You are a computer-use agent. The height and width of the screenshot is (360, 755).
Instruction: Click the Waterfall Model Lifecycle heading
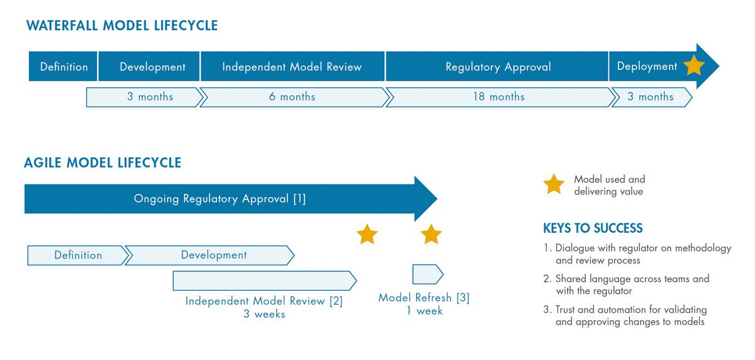coord(122,26)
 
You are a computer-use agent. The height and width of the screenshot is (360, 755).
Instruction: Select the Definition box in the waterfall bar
coord(64,67)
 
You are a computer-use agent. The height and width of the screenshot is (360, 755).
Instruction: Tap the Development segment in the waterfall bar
coord(152,67)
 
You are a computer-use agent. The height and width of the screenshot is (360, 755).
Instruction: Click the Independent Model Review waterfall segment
coord(292,67)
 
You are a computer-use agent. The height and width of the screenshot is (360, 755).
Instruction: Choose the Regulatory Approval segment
coord(498,67)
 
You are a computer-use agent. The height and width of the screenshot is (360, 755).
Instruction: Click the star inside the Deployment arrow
coord(693,65)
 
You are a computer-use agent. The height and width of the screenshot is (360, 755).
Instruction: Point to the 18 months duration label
coord(498,97)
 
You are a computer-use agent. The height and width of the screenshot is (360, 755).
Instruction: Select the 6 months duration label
coord(292,97)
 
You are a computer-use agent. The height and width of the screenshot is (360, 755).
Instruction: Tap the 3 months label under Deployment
coord(650,97)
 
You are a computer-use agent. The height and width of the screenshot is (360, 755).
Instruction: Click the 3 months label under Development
coord(150,97)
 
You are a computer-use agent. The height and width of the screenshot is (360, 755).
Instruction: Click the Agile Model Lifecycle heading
coord(103,162)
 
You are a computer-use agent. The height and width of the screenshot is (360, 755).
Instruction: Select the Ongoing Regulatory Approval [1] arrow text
coord(220,199)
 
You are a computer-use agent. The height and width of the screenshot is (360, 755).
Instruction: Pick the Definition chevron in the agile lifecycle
coord(78,255)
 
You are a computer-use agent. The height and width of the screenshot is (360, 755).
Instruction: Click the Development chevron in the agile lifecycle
coord(214,255)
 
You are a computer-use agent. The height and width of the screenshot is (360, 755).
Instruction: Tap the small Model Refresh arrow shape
coord(427,274)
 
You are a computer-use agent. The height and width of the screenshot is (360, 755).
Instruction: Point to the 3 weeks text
coord(264,314)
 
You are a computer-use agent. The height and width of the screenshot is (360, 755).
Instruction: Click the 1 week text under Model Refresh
coord(424,311)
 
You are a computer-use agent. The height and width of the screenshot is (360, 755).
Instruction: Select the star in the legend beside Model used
coord(554,184)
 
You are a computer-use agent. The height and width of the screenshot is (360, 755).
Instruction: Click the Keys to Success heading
coord(593,228)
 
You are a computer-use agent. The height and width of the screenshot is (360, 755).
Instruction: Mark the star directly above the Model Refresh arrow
coord(431,234)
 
